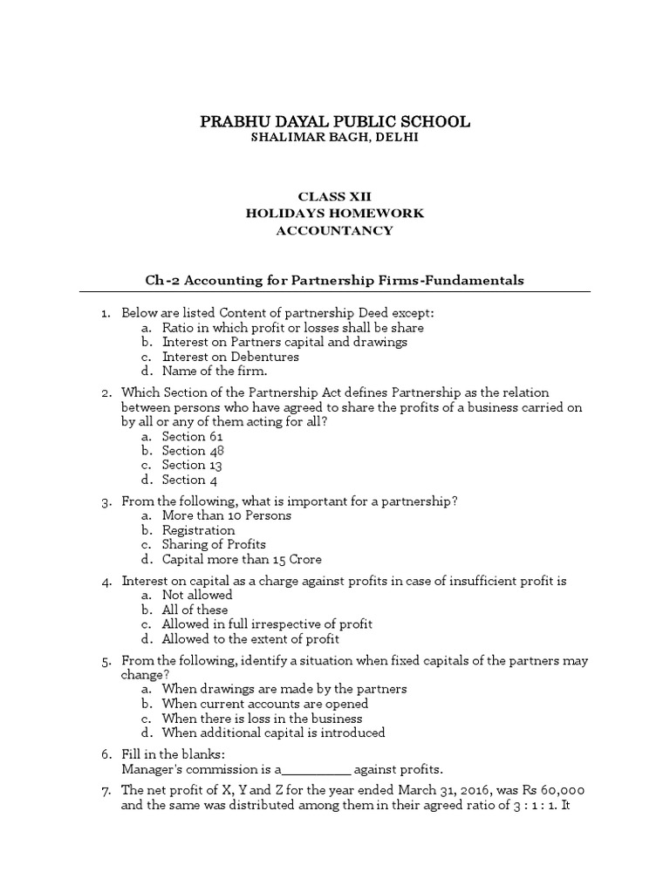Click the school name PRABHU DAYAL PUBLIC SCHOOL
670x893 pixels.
(x=335, y=121)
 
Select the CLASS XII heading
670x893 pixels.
(x=335, y=196)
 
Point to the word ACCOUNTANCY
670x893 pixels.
(x=335, y=230)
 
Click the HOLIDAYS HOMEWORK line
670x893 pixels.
(x=335, y=213)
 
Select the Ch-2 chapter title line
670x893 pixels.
(x=335, y=280)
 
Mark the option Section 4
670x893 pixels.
(x=184, y=480)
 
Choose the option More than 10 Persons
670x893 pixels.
(x=227, y=515)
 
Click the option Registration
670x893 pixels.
(x=198, y=530)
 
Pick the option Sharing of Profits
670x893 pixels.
(x=214, y=544)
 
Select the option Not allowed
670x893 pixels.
(x=197, y=595)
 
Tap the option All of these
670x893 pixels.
(x=195, y=610)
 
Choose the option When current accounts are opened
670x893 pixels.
(x=265, y=704)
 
